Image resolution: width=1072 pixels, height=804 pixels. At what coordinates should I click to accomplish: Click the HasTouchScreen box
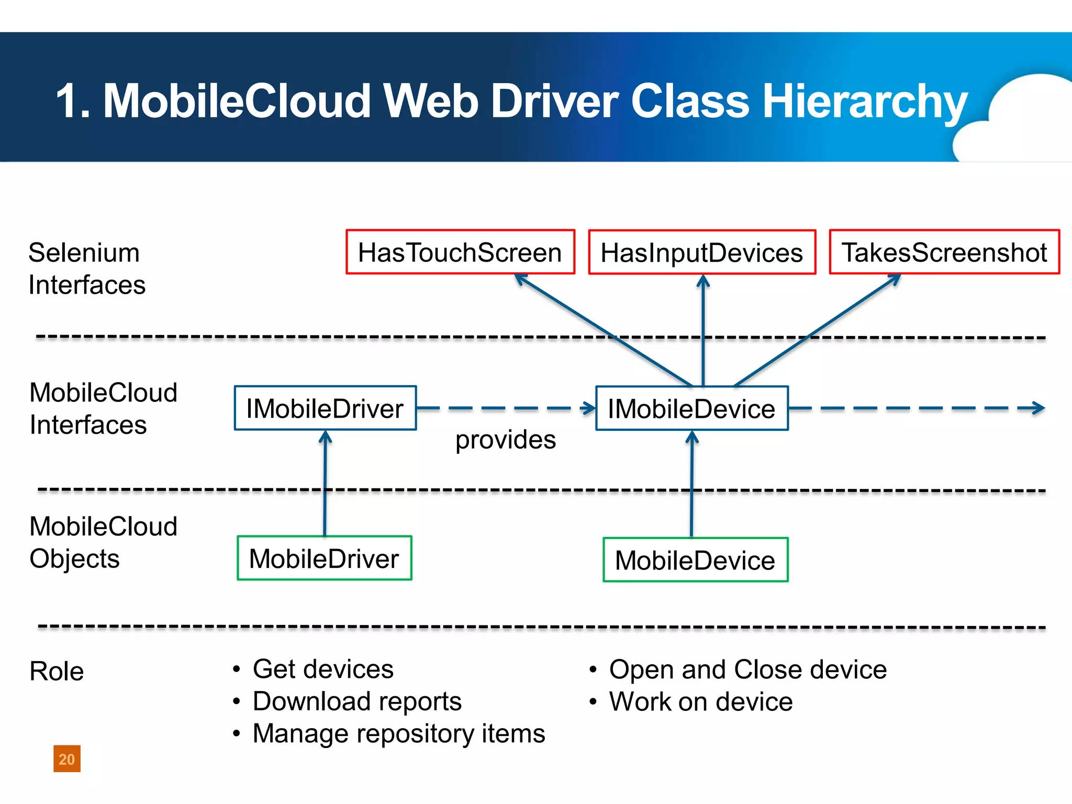[460, 252]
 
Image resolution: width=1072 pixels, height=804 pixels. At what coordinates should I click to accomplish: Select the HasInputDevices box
[702, 252]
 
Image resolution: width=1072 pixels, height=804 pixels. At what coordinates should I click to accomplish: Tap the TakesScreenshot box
[944, 252]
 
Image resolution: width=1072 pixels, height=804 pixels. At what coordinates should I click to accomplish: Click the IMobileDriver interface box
[325, 408]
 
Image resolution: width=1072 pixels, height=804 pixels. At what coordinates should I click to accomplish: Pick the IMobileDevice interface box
[691, 408]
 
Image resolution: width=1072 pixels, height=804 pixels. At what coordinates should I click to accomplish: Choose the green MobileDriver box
[325, 559]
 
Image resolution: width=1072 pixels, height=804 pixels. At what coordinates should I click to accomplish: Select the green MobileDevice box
[695, 560]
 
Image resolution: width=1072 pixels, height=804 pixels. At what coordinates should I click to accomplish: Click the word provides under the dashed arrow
[505, 440]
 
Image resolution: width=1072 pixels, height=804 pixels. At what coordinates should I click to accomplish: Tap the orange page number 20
[67, 759]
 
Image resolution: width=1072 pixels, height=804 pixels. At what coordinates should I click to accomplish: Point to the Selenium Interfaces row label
[86, 269]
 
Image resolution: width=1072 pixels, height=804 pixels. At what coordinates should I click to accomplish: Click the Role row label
[57, 671]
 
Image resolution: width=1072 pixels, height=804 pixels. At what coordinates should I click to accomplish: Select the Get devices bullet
[322, 669]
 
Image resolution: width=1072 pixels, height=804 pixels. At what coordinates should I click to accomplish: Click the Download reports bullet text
[357, 701]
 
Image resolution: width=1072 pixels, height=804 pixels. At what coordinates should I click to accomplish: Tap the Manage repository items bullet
[399, 733]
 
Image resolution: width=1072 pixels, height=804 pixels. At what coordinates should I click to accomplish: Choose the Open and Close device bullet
[747, 669]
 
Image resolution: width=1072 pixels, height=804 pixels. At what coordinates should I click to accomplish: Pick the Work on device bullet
[700, 701]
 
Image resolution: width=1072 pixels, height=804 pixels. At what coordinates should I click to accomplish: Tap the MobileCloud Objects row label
[103, 542]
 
